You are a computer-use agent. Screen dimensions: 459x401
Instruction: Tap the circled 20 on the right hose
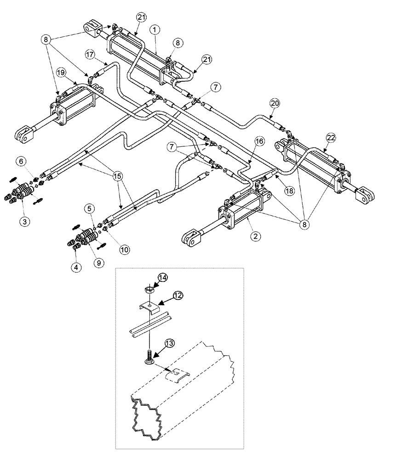[275, 104]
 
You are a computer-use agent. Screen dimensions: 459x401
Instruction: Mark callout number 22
[330, 137]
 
